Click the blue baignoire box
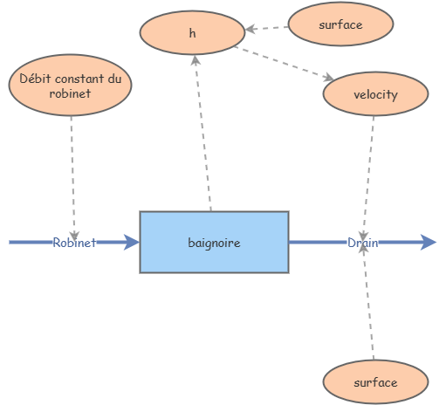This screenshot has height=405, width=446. tap(214, 242)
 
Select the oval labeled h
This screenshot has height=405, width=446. tap(192, 34)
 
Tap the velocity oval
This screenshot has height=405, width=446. tap(375, 94)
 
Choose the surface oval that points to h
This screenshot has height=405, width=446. tap(340, 24)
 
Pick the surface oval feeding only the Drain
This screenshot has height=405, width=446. tap(375, 382)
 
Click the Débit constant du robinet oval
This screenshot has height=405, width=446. tap(70, 86)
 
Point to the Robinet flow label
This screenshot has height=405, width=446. tap(74, 243)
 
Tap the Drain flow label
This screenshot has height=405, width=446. tap(363, 243)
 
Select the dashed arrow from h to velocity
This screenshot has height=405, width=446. tap(284, 64)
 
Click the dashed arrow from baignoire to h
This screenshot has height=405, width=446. tap(203, 131)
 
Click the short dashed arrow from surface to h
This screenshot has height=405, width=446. tap(266, 28)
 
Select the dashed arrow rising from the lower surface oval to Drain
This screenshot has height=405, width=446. tap(369, 305)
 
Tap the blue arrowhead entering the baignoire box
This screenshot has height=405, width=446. tap(132, 243)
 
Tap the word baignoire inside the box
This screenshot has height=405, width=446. tap(214, 242)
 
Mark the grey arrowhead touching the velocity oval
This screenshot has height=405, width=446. tap(330, 80)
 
